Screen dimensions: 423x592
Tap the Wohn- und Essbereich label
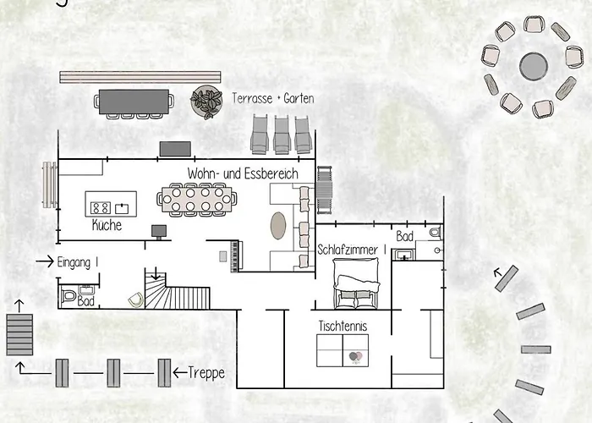coord(244,173)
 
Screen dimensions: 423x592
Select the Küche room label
coord(107,226)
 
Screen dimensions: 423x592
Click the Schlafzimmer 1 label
coord(352,250)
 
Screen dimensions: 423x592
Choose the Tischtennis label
coord(342,325)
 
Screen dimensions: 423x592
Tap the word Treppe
coord(206,372)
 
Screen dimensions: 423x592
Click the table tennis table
coord(343,350)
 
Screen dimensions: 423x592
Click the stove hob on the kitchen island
coord(101,206)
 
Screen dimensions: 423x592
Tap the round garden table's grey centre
coord(534,66)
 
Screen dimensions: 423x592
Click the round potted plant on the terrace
coord(206,102)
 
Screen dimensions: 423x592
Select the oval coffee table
coord(277,226)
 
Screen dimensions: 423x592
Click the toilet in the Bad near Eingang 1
coord(69,297)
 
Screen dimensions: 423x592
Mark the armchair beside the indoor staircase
coord(134,299)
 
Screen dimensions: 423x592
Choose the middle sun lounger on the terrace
coord(281,133)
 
